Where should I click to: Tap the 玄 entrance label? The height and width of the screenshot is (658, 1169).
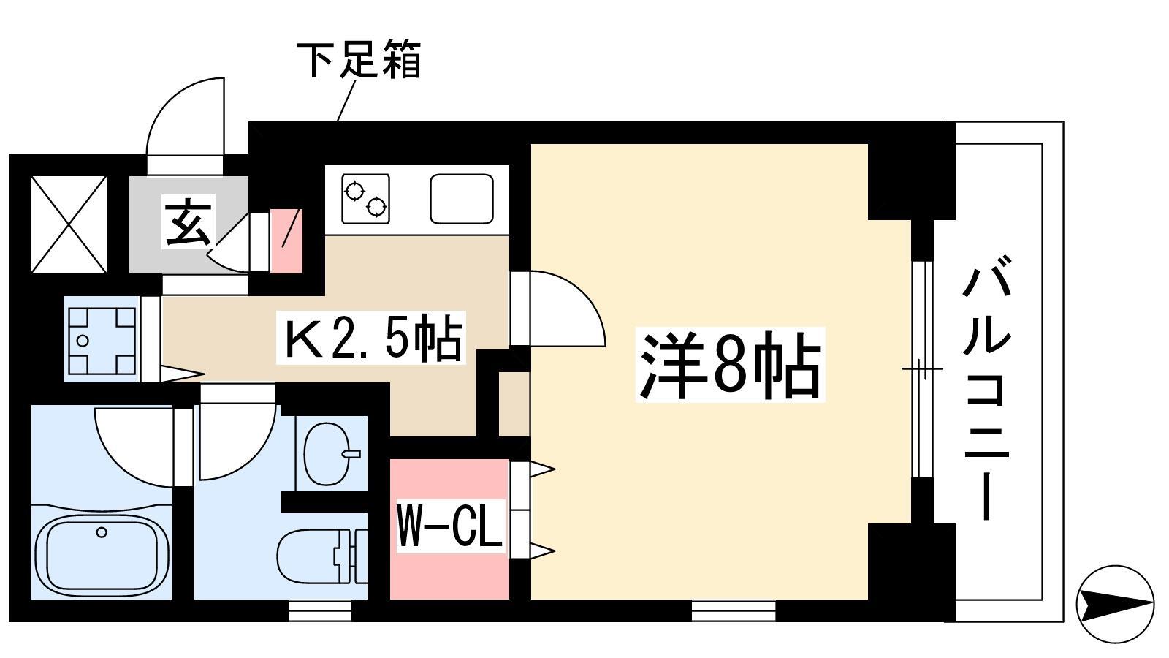coord(188,221)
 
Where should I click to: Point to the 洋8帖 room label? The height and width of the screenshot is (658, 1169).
coord(730,364)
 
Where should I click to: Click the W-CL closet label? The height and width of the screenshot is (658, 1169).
coord(450,525)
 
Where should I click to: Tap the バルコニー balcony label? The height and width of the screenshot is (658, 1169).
coord(986,388)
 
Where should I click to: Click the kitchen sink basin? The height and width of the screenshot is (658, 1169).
coord(462,198)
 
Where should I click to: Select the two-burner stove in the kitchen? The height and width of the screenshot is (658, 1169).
coord(366,198)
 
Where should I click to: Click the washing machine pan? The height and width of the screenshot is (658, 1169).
coord(102,339)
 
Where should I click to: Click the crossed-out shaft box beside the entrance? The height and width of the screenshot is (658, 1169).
coord(69,224)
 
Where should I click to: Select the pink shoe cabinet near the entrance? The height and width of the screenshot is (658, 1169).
coord(286,241)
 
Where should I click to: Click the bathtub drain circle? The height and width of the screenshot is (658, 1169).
coord(102,533)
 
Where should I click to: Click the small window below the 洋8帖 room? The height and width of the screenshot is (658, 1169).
coord(734,610)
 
